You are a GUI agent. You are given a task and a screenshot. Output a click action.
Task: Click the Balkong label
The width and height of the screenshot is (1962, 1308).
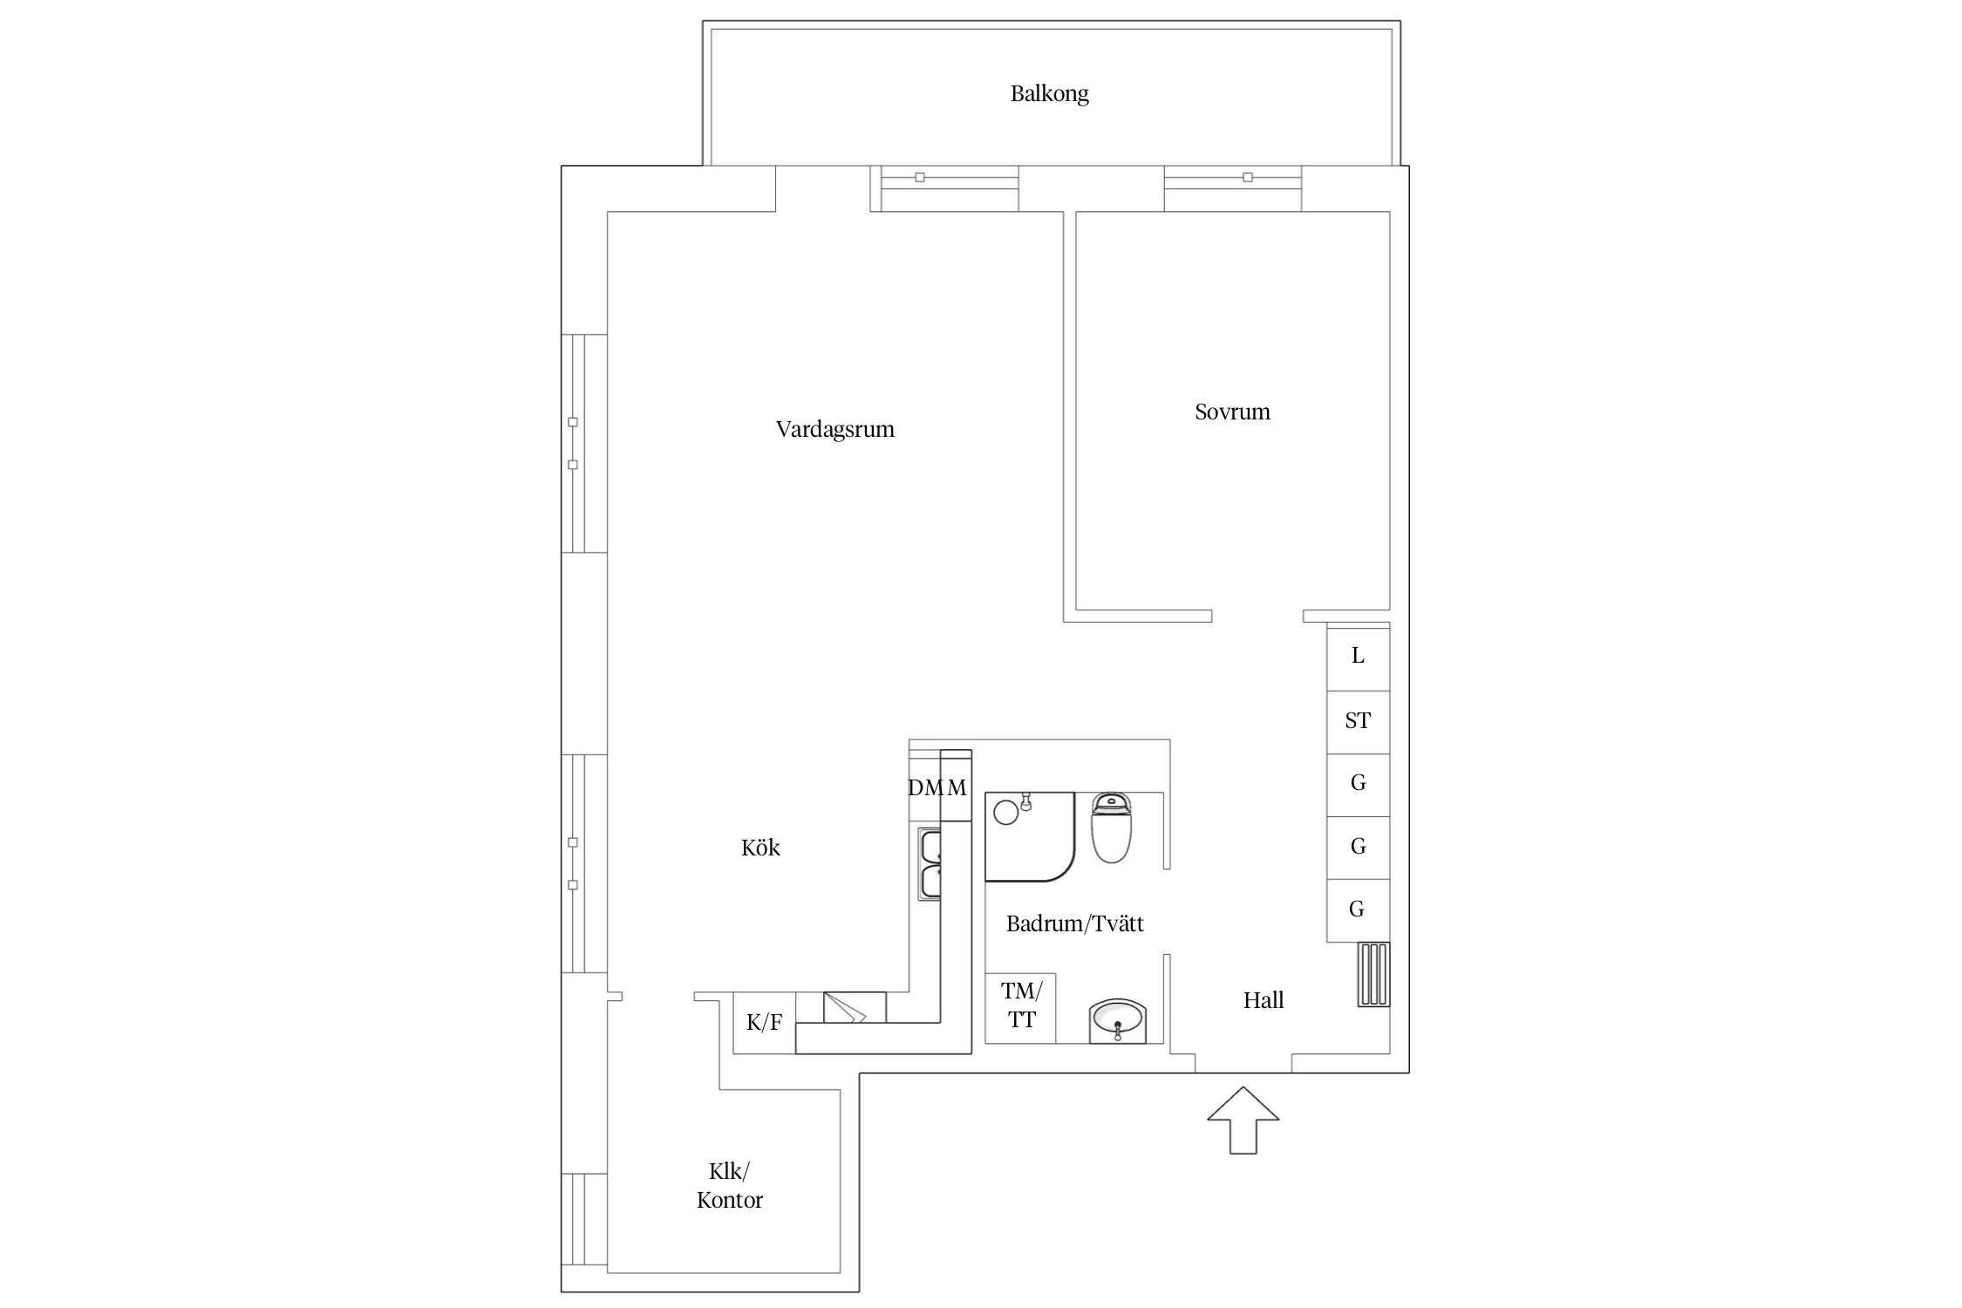click(x=1049, y=93)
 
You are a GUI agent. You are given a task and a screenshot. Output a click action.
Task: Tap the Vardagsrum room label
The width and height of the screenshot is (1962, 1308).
click(x=835, y=429)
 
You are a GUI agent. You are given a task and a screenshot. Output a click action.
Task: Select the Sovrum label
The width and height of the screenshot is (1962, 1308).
click(x=1232, y=412)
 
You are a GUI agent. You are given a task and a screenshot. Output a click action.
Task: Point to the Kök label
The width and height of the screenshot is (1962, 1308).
click(x=760, y=848)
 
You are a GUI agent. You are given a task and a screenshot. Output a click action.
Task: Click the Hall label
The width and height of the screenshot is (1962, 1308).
click(x=1264, y=1000)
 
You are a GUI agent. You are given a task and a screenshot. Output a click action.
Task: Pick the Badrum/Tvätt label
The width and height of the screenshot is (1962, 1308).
click(x=1074, y=923)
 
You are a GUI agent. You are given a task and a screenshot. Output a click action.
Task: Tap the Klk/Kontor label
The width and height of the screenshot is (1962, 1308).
click(x=729, y=1186)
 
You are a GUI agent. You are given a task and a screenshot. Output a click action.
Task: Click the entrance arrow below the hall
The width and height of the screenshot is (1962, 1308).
click(x=1243, y=1121)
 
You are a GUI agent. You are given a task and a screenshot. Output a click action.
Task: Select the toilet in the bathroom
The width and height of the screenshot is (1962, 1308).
click(x=1111, y=828)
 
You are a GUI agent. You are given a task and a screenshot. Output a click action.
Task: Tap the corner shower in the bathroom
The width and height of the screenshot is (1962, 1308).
click(x=1030, y=836)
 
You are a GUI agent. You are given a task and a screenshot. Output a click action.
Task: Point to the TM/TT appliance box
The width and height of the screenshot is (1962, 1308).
click(x=1020, y=1008)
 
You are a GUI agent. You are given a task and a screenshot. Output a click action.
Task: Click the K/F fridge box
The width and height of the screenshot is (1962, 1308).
click(x=764, y=1023)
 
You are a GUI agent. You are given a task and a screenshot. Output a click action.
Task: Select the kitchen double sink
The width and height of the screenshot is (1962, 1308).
click(x=930, y=865)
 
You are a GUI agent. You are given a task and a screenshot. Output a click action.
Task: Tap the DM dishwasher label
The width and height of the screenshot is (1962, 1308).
click(x=925, y=787)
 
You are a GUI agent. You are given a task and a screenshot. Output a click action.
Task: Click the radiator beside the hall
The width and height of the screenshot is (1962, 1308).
click(x=1373, y=975)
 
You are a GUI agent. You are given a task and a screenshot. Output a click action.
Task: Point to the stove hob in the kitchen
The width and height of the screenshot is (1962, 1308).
click(x=855, y=1007)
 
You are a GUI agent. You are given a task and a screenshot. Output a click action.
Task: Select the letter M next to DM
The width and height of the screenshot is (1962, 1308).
click(x=957, y=787)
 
